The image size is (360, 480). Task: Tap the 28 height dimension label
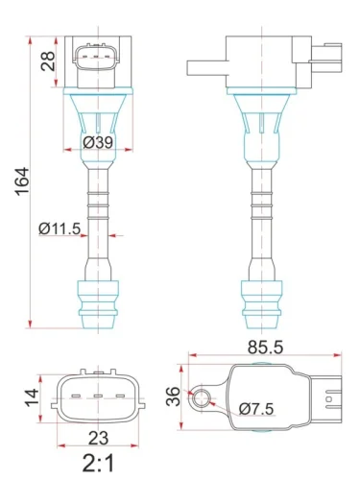pos(48,64)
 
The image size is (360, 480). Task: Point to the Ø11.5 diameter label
pos(60,228)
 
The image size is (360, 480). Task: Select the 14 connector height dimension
pos(31,394)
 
